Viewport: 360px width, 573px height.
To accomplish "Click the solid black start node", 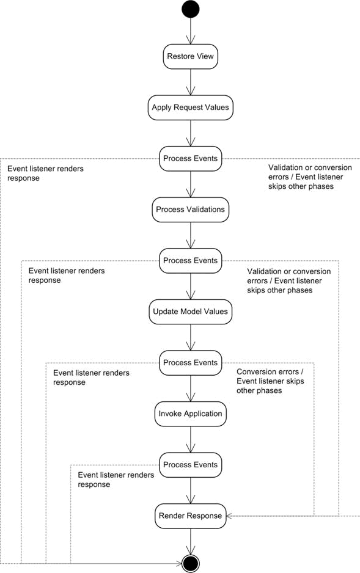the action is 191,9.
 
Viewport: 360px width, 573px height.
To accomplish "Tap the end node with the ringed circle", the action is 191,563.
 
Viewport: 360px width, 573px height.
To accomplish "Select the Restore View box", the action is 191,57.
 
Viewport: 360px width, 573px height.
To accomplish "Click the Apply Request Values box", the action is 191,108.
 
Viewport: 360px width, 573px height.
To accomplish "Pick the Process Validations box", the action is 191,210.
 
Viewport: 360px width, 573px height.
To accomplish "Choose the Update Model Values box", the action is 191,312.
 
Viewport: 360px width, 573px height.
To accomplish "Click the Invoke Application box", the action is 191,414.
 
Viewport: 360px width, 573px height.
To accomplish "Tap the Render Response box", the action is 191,516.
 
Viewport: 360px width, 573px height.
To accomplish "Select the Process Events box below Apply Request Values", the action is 191,159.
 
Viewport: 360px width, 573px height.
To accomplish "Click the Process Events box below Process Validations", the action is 191,261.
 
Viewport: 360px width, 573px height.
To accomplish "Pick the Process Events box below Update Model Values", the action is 191,363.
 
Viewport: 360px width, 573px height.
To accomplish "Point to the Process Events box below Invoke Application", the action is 191,465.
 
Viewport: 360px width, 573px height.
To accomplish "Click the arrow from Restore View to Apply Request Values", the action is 191,82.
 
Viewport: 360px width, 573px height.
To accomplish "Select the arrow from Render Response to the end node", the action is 191,542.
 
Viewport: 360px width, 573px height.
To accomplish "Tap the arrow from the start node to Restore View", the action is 191,31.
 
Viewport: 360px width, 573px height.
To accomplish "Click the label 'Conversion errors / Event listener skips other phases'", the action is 270,381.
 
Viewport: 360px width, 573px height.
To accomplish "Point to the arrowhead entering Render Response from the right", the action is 230,516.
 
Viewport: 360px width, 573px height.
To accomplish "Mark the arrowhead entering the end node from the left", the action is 178,563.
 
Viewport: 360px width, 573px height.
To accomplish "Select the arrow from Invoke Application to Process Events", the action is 191,440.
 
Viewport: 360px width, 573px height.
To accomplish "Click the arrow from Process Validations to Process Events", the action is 191,235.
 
